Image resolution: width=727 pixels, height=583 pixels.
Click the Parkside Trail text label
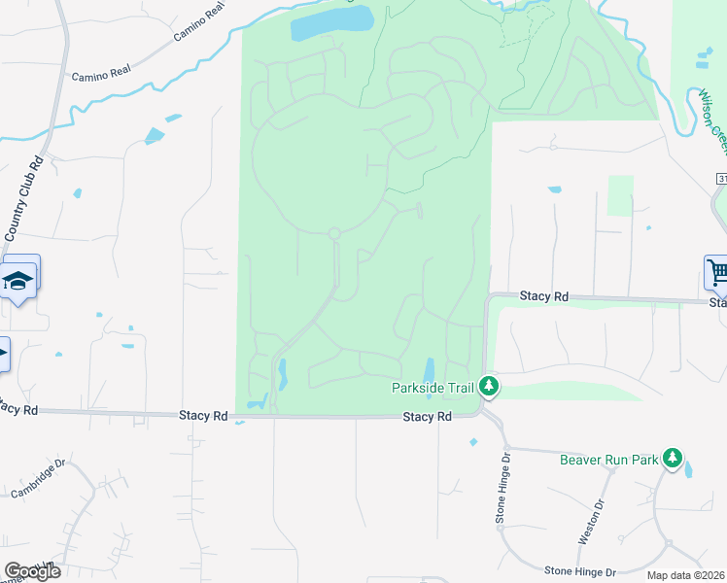pyautogui.click(x=433, y=388)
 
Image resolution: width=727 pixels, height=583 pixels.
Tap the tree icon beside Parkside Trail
pyautogui.click(x=490, y=388)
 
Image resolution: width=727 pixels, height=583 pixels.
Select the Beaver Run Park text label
pyautogui.click(x=608, y=459)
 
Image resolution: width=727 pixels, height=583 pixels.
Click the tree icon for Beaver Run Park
pyautogui.click(x=672, y=459)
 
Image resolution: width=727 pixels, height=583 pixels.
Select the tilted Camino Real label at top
pyautogui.click(x=198, y=21)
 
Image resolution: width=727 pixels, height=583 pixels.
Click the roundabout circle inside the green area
pyautogui.click(x=333, y=233)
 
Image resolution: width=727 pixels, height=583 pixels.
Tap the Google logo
pyautogui.click(x=31, y=571)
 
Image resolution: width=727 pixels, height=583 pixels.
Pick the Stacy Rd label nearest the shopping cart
pyautogui.click(x=543, y=294)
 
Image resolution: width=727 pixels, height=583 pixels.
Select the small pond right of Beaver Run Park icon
pyautogui.click(x=688, y=470)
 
